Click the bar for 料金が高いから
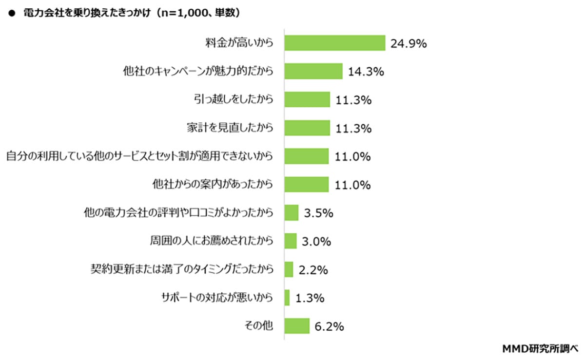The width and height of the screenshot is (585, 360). point(335,43)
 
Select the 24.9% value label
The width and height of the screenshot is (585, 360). point(409,44)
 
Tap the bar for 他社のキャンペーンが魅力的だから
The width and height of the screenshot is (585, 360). point(313,72)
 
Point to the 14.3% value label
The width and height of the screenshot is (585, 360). point(366,72)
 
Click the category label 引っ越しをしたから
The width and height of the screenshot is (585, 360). point(233,100)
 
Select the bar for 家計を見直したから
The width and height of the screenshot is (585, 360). point(307,128)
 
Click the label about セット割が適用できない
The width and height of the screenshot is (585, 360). point(139,156)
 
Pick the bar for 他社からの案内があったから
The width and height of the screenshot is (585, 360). point(307,185)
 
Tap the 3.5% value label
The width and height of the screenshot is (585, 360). point(318,213)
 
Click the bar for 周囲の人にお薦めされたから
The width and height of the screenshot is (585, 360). point(291,241)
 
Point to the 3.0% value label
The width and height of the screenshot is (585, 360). point(317,241)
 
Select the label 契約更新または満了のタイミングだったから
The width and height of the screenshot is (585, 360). point(181,269)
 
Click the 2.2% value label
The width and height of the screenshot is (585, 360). point(313,269)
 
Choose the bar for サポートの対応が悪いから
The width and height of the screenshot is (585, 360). point(287,298)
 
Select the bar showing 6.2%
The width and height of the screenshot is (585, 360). point(297,326)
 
